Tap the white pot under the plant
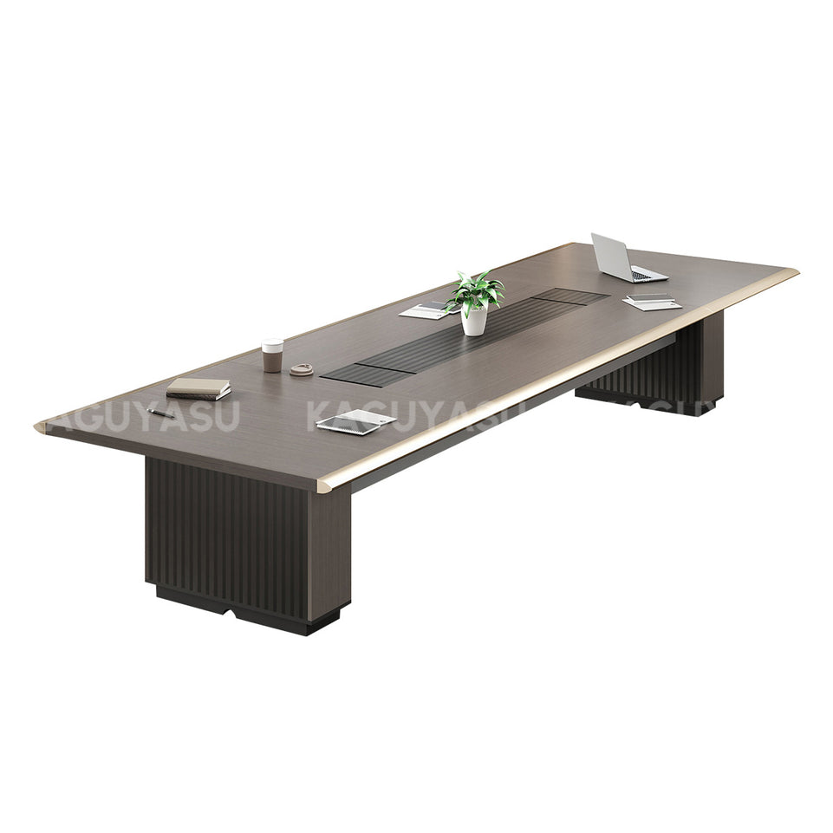click(x=474, y=322)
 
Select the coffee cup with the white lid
click(x=272, y=355)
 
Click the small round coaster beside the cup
click(x=302, y=369)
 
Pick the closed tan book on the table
click(x=198, y=387)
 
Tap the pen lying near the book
click(x=161, y=413)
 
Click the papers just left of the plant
click(x=425, y=310)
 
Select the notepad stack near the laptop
click(x=652, y=301)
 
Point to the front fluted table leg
click(x=247, y=542)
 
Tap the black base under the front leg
click(x=251, y=612)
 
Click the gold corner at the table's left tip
click(x=41, y=426)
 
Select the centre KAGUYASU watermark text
click(x=407, y=413)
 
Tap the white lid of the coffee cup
click(x=272, y=344)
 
